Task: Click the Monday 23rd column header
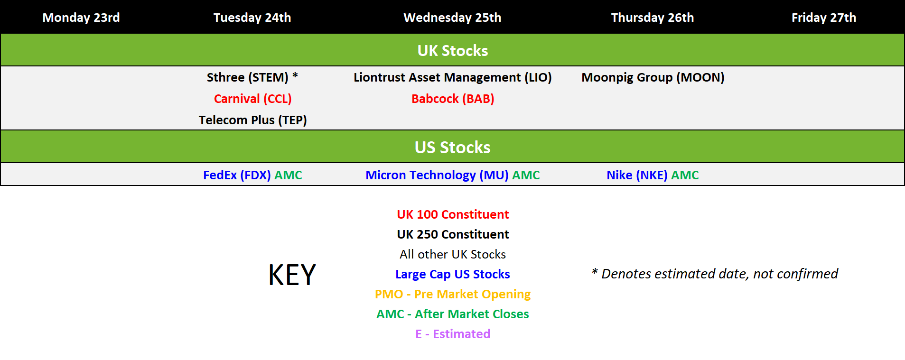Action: pyautogui.click(x=81, y=18)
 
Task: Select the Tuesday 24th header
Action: pyautogui.click(x=252, y=18)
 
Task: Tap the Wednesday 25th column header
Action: pyautogui.click(x=452, y=18)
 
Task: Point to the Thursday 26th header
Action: pyautogui.click(x=653, y=18)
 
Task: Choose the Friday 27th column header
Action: pyautogui.click(x=824, y=18)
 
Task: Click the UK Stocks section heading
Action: pyautogui.click(x=453, y=50)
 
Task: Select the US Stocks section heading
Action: pyautogui.click(x=453, y=147)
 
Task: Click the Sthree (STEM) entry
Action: pyautogui.click(x=252, y=77)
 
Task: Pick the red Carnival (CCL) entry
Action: pyautogui.click(x=252, y=99)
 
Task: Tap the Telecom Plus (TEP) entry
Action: pyautogui.click(x=252, y=120)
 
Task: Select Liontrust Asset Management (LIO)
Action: pyautogui.click(x=453, y=77)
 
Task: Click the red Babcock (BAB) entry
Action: pyautogui.click(x=453, y=99)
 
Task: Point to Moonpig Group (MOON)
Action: pyautogui.click(x=653, y=77)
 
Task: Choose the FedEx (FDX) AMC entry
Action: pyautogui.click(x=252, y=175)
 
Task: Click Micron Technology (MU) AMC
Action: pyautogui.click(x=453, y=175)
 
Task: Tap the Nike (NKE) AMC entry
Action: pyautogui.click(x=653, y=175)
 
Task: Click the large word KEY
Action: pyautogui.click(x=292, y=275)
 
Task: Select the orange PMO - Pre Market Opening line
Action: pyautogui.click(x=453, y=294)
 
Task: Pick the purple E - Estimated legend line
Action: pyautogui.click(x=453, y=334)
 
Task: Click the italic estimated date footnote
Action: pyautogui.click(x=715, y=274)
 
